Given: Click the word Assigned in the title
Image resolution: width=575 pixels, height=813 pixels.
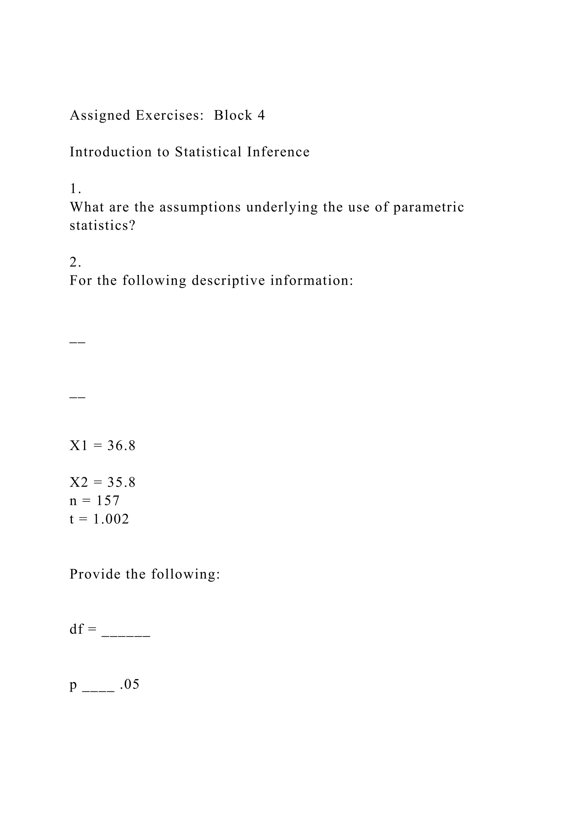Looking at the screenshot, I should pyautogui.click(x=100, y=115).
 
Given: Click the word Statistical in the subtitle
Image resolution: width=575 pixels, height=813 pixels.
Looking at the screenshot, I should pyautogui.click(x=208, y=152).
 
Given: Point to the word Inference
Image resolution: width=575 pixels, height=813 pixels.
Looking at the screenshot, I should pyautogui.click(x=278, y=152).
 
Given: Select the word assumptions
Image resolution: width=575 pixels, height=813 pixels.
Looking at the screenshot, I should pyautogui.click(x=200, y=207).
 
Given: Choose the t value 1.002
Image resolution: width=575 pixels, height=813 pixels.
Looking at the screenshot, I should pyautogui.click(x=111, y=519).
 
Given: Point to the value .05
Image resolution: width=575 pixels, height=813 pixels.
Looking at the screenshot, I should pyautogui.click(x=130, y=684).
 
